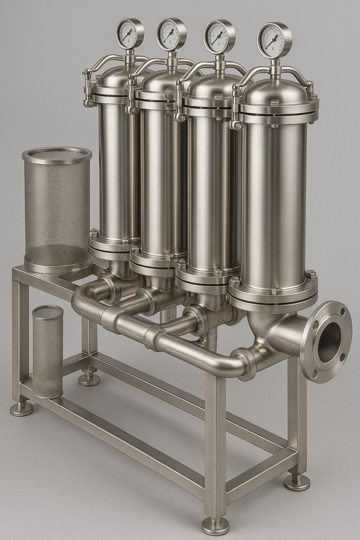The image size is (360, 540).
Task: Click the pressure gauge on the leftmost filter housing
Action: [x=129, y=34]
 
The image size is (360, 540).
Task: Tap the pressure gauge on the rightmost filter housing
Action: [x=274, y=40]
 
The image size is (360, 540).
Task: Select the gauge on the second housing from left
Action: [x=171, y=34]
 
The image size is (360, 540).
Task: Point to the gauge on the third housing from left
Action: [x=219, y=36]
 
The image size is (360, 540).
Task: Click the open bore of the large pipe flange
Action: [x=330, y=342]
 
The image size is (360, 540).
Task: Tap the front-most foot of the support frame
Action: [x=215, y=524]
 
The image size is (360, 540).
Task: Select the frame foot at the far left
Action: [x=21, y=408]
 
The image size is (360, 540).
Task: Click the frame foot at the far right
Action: [x=297, y=481]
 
